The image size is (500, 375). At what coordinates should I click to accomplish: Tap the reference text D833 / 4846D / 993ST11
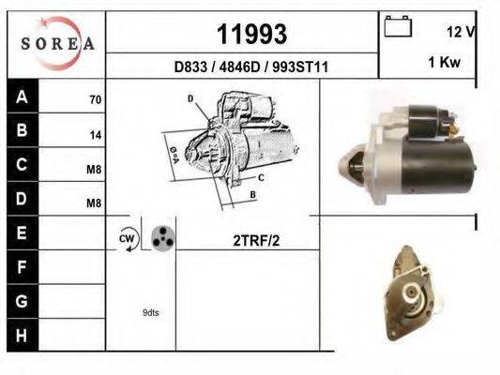pyautogui.click(x=251, y=67)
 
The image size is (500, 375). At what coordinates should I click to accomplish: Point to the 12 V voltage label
pyautogui.click(x=461, y=32)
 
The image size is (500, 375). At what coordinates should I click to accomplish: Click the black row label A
pyautogui.click(x=22, y=97)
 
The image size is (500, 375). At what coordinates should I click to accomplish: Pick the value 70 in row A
pyautogui.click(x=95, y=98)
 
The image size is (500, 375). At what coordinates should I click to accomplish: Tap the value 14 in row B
pyautogui.click(x=95, y=134)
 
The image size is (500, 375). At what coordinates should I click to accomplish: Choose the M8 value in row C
pyautogui.click(x=94, y=169)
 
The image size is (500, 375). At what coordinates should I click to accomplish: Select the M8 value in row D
pyautogui.click(x=94, y=202)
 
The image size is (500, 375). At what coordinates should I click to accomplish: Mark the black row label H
pyautogui.click(x=22, y=333)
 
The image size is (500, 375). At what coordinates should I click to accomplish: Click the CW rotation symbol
pyautogui.click(x=128, y=239)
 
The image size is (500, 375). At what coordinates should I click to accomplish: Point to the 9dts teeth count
pyautogui.click(x=150, y=312)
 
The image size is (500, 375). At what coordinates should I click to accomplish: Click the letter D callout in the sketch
pyautogui.click(x=190, y=98)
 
